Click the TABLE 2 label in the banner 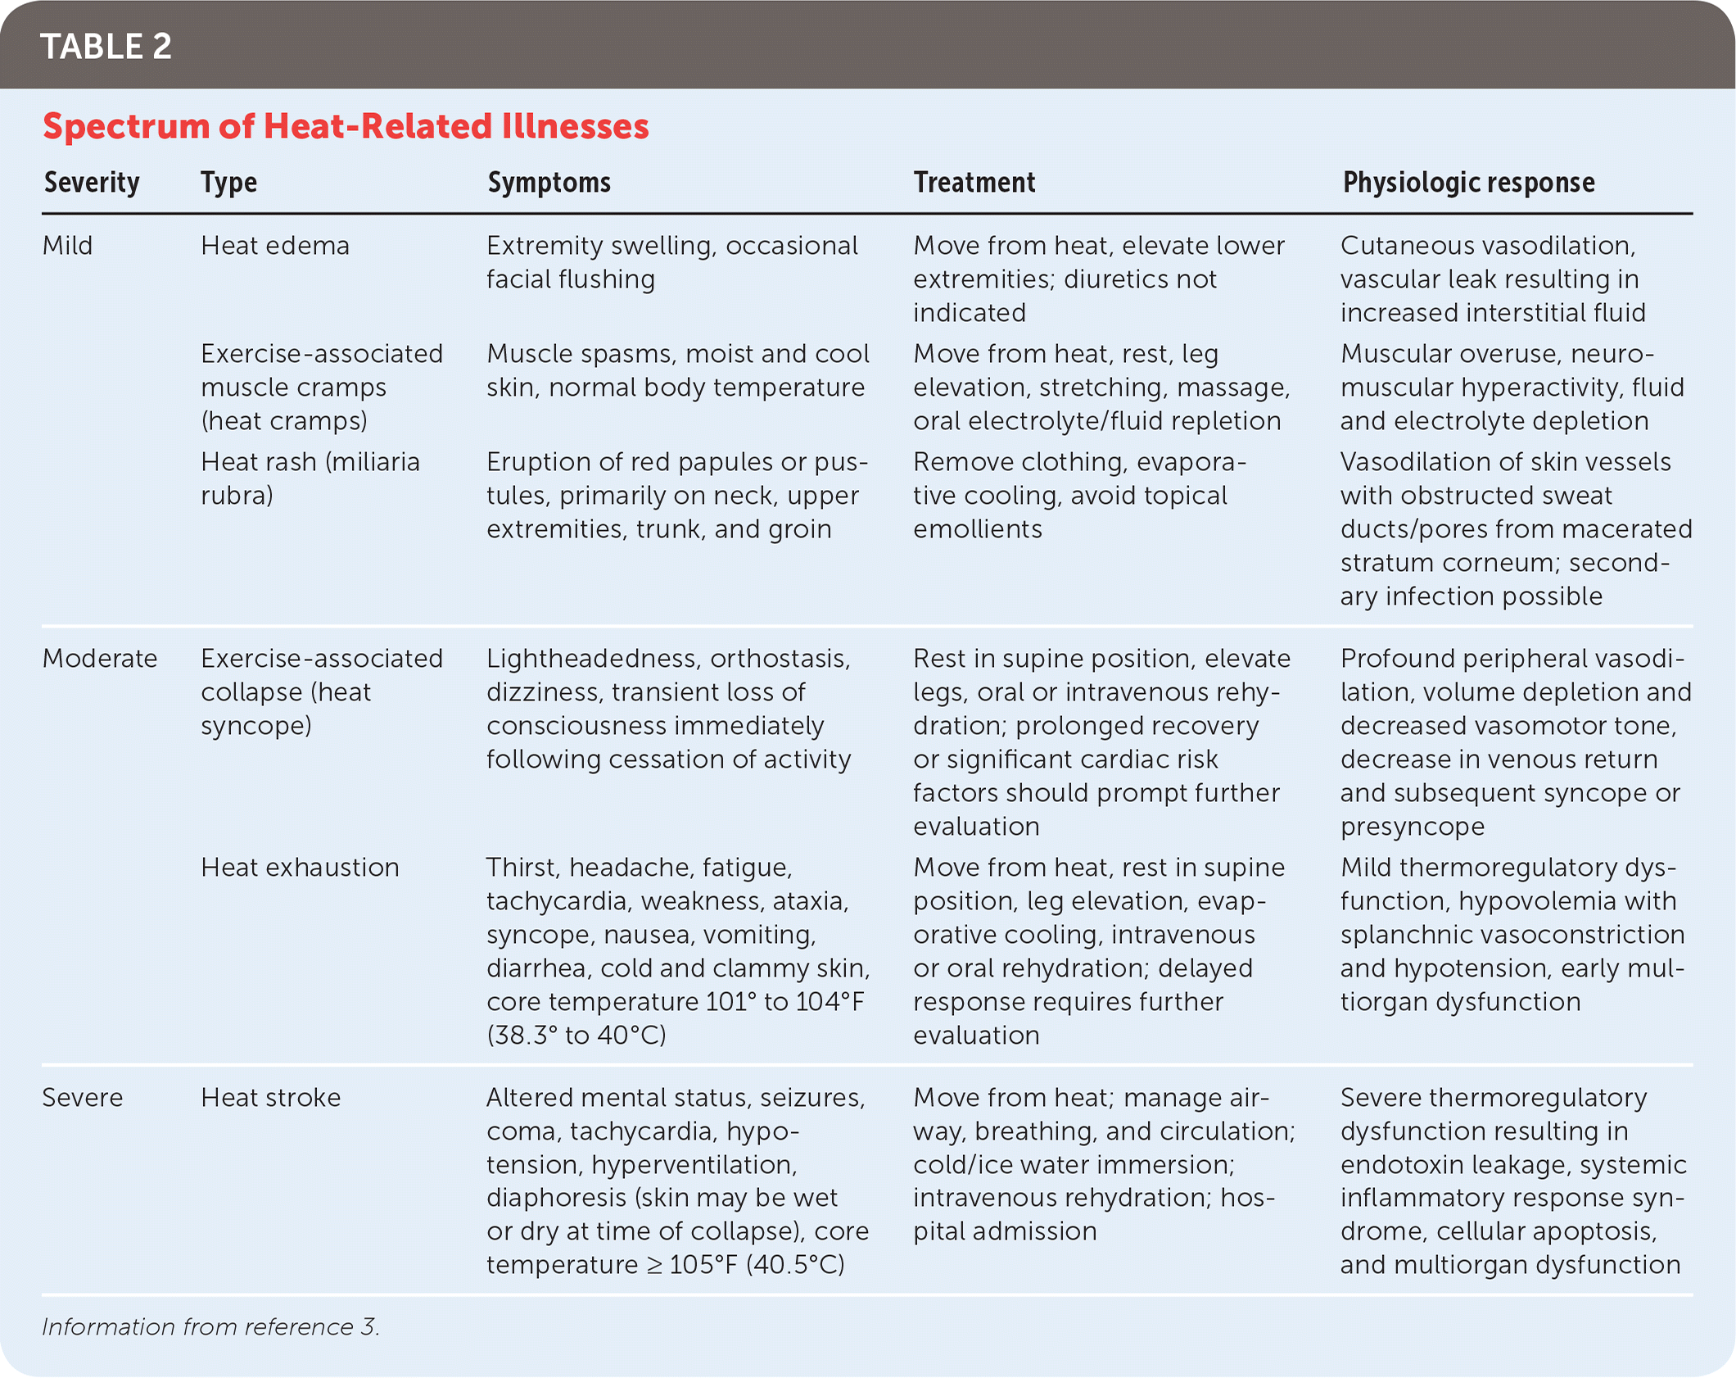[x=106, y=47]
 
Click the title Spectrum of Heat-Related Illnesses [x=346, y=126]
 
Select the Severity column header [x=92, y=182]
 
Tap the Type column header [x=228, y=182]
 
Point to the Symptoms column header [x=549, y=182]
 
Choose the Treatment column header [x=974, y=182]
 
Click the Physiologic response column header [x=1468, y=182]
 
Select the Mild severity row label [x=67, y=246]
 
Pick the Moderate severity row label [x=99, y=659]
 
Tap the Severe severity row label [x=82, y=1098]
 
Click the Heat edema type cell [x=275, y=246]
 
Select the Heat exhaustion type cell [x=300, y=868]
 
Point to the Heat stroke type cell [x=270, y=1098]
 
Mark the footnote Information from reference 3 [x=210, y=1327]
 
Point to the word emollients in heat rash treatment [x=978, y=529]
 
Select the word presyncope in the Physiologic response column [x=1412, y=827]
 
